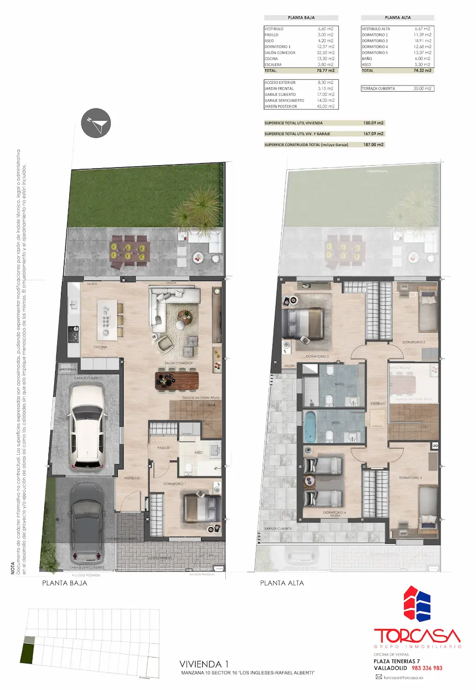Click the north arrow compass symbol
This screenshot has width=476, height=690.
(x=96, y=124)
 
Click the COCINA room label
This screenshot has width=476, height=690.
(x=101, y=347)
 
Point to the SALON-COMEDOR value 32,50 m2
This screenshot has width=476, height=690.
(x=326, y=53)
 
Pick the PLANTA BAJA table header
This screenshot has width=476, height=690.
(x=301, y=18)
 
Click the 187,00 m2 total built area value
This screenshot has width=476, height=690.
(x=373, y=144)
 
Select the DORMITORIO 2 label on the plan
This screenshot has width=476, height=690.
(x=413, y=342)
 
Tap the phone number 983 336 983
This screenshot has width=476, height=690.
(x=427, y=668)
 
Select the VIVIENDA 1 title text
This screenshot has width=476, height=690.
(x=204, y=664)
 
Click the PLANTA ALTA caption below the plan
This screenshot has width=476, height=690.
(x=282, y=583)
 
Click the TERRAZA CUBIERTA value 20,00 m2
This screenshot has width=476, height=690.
(x=422, y=89)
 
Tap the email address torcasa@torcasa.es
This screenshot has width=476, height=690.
(x=403, y=677)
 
